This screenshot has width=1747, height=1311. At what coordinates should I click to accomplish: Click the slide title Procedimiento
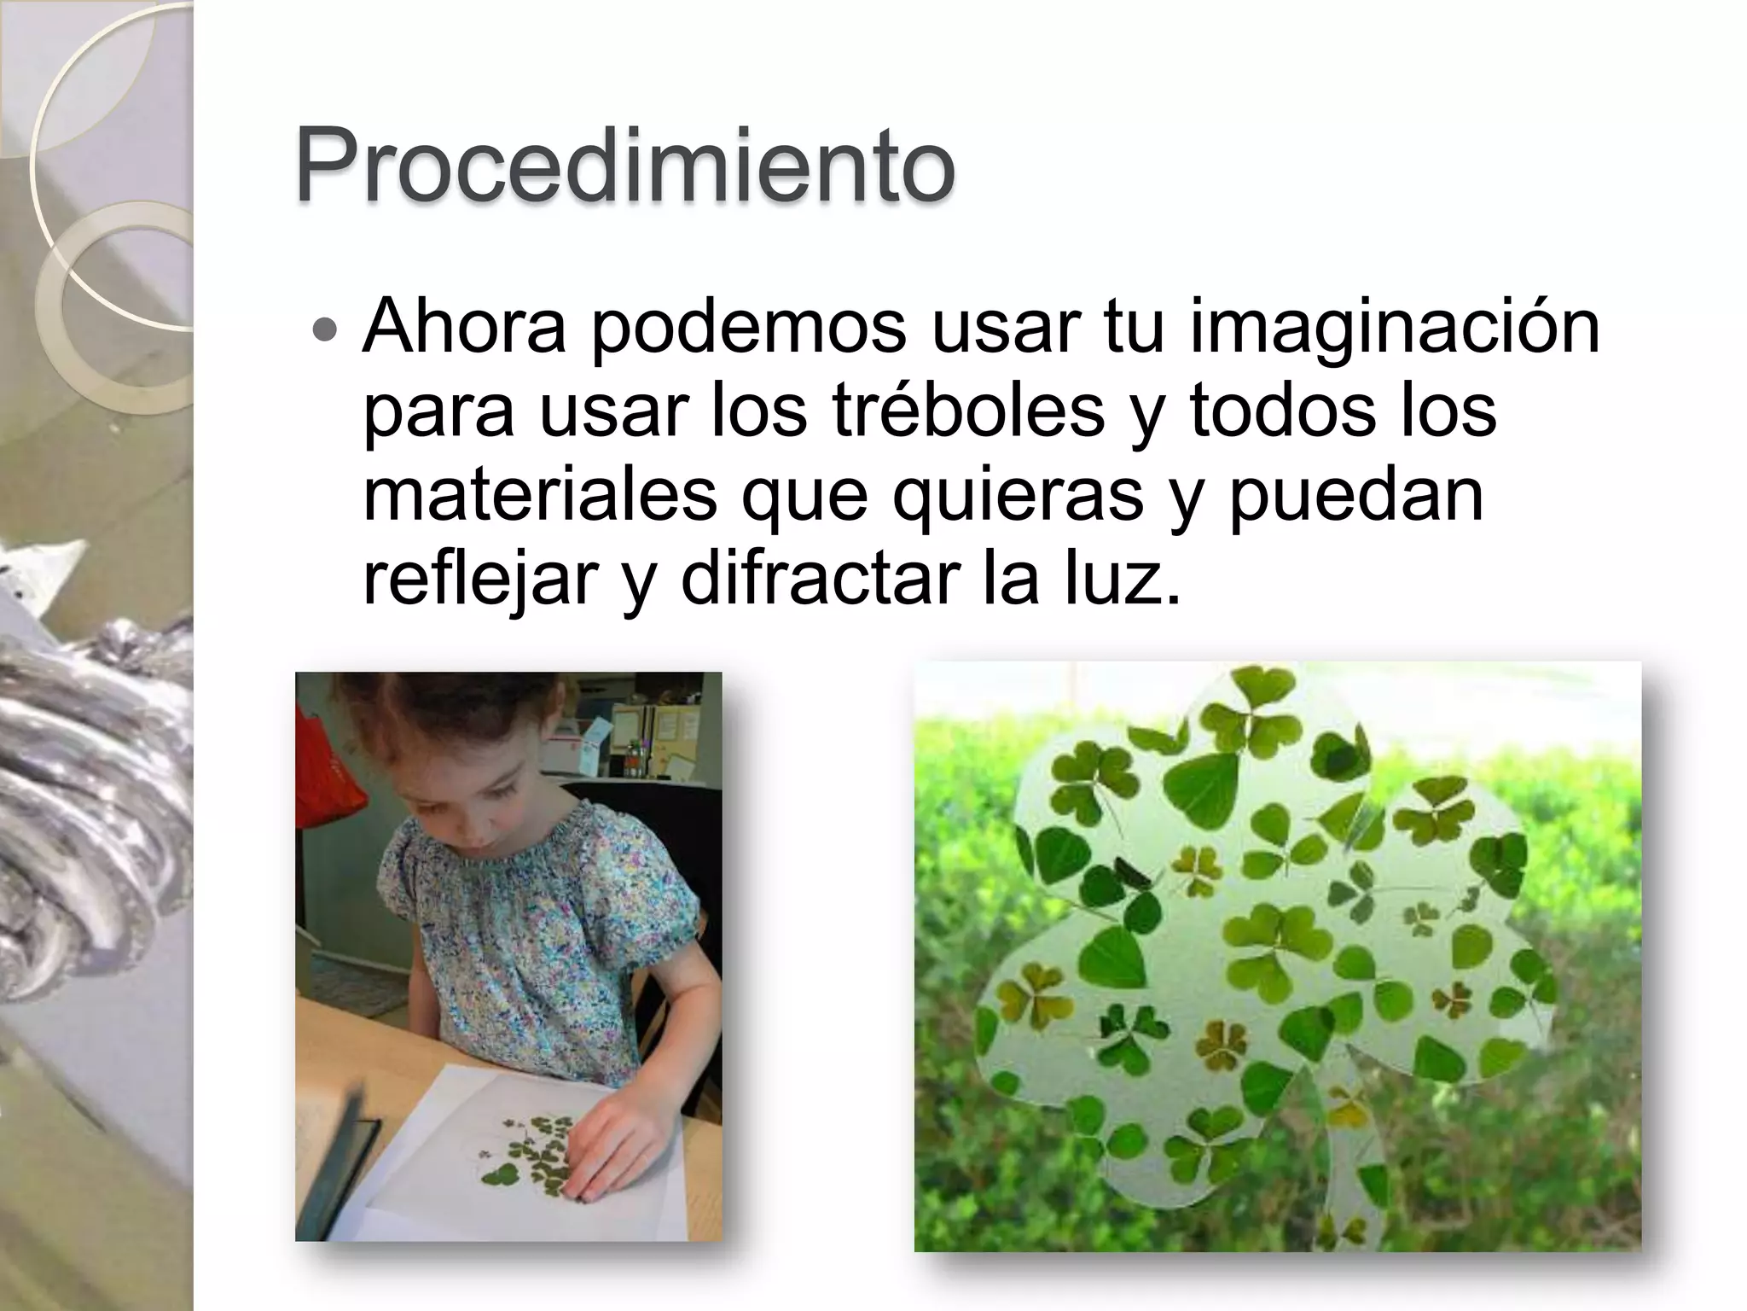(x=624, y=167)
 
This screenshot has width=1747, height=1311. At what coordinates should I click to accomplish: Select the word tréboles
(x=967, y=411)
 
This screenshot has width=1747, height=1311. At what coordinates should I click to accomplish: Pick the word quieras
(x=1018, y=498)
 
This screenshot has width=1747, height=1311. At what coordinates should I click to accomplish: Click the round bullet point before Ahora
(x=325, y=329)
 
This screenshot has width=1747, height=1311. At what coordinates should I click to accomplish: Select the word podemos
(x=748, y=326)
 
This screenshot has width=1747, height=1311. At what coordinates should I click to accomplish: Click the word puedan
(x=1356, y=498)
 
